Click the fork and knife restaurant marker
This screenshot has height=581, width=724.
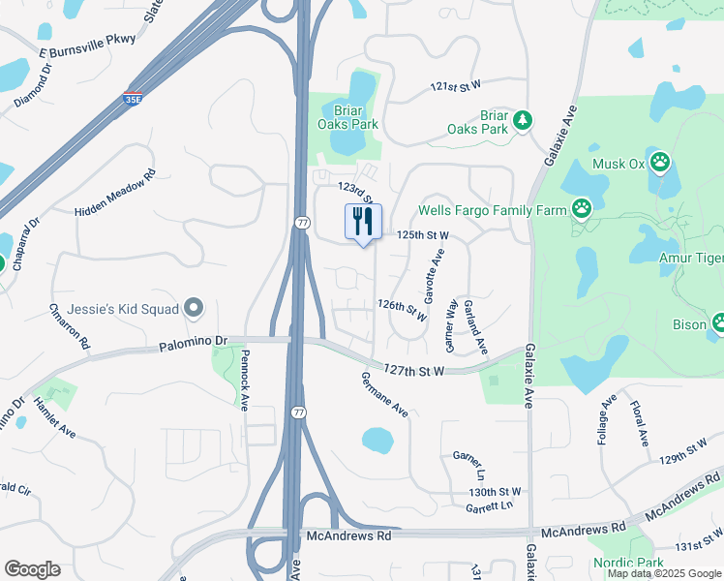[363, 222]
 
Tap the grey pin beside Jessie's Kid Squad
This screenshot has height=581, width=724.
[194, 309]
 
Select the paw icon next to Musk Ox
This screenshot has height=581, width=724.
[660, 163]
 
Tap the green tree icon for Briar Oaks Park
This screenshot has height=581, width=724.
[523, 120]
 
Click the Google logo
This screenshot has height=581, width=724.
[32, 568]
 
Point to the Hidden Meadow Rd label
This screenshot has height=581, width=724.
[115, 195]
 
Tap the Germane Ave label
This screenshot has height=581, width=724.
[384, 395]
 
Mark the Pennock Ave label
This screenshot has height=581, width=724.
[245, 380]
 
